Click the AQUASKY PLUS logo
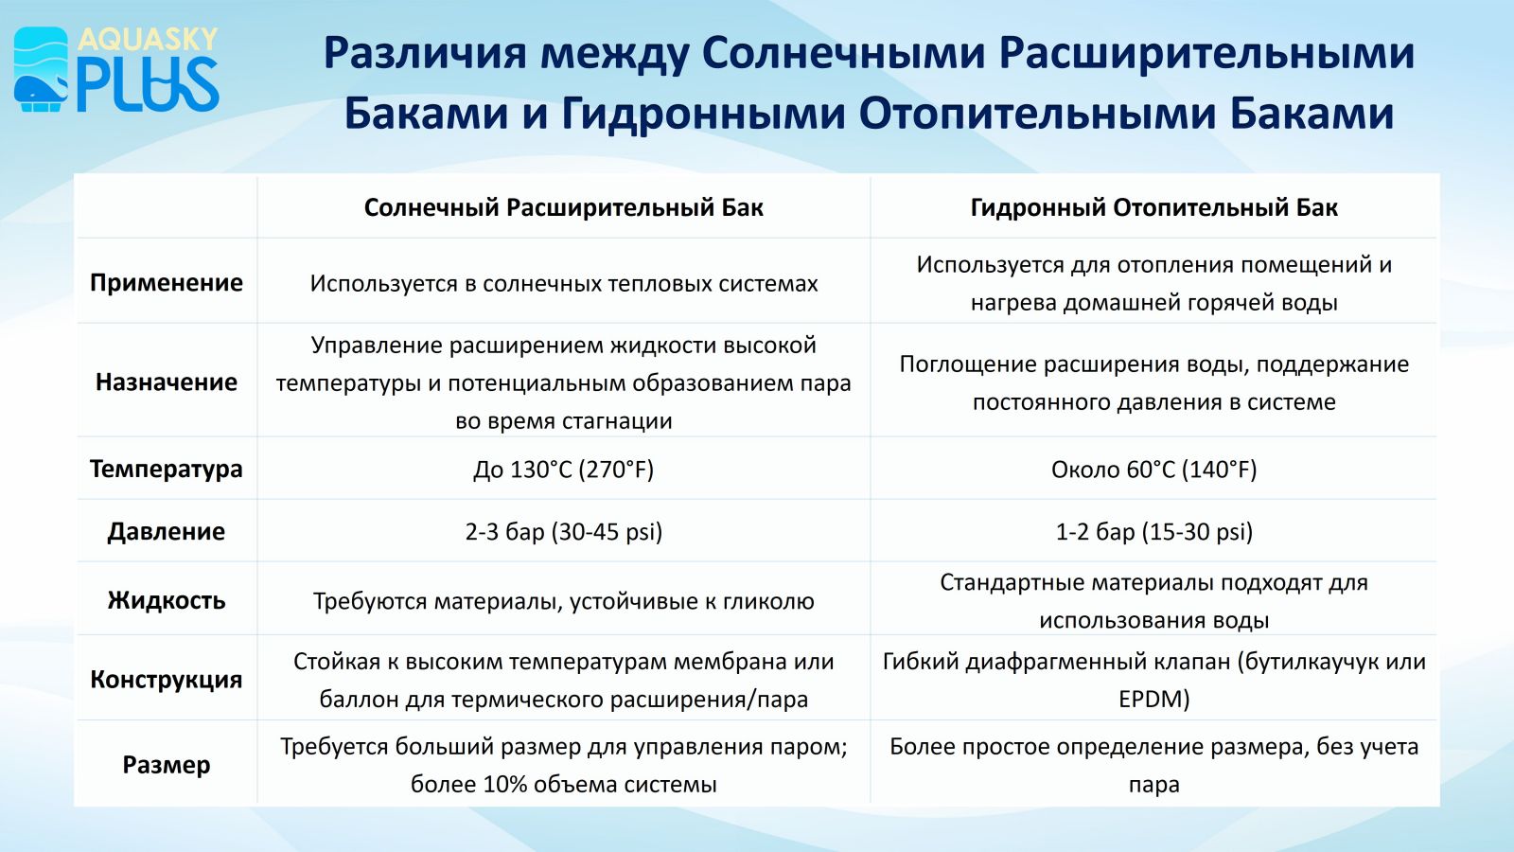(x=116, y=69)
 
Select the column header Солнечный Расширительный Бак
(x=564, y=207)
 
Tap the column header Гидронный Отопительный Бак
(x=1153, y=207)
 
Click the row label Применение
(x=167, y=283)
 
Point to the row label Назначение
(x=167, y=382)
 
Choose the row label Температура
(x=167, y=469)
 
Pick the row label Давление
(x=167, y=531)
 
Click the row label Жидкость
(x=167, y=600)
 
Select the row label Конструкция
(x=167, y=679)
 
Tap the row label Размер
(x=167, y=765)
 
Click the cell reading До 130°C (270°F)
(x=564, y=470)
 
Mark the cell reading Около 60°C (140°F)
(x=1153, y=470)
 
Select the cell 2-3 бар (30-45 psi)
(x=564, y=532)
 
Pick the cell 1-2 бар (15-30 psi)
(x=1153, y=532)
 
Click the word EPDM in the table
(x=1150, y=699)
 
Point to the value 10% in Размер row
(x=505, y=785)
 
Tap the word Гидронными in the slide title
(x=703, y=113)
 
